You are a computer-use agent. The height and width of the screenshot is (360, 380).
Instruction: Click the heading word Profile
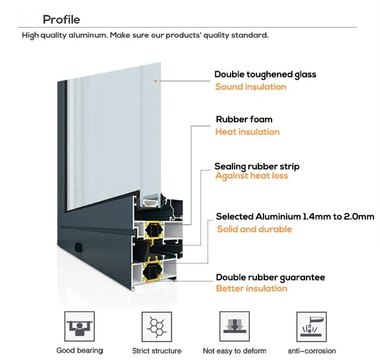61,20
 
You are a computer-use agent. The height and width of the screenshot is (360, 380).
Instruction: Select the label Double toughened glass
265,74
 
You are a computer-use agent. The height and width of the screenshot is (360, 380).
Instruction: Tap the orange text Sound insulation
250,87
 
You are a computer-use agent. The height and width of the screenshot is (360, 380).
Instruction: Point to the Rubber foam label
244,119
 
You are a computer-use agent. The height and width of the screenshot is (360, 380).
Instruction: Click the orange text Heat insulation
247,132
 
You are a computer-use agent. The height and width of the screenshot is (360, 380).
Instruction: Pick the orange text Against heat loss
251,176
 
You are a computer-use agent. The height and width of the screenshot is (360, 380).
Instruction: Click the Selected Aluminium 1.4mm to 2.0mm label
295,217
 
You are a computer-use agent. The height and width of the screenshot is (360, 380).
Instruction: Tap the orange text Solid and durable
254,229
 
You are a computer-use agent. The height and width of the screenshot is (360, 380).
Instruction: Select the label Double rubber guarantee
270,277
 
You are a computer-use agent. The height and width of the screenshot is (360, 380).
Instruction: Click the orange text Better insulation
251,289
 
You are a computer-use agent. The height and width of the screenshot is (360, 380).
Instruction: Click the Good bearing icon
80,327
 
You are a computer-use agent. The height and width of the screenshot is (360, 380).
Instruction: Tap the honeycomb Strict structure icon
157,327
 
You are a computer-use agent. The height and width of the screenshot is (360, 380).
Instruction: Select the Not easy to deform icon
234,327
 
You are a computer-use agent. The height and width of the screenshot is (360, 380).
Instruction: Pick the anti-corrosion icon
311,327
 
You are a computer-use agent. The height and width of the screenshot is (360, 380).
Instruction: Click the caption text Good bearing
80,350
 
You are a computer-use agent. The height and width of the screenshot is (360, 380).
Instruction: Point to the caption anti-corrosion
312,350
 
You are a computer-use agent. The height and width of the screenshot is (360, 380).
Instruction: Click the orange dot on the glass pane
156,81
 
